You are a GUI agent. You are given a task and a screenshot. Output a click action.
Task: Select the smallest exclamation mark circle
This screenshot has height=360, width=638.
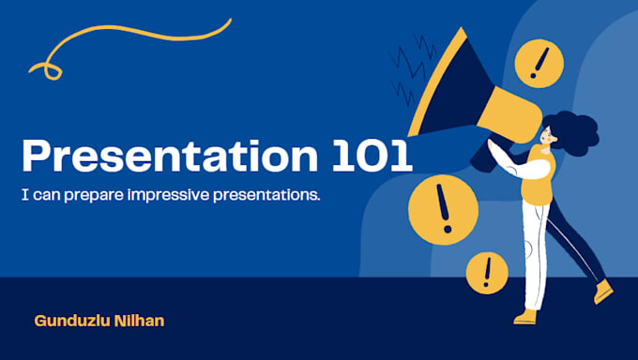[487, 272]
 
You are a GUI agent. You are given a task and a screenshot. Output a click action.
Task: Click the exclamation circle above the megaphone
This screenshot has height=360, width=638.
[539, 63]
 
